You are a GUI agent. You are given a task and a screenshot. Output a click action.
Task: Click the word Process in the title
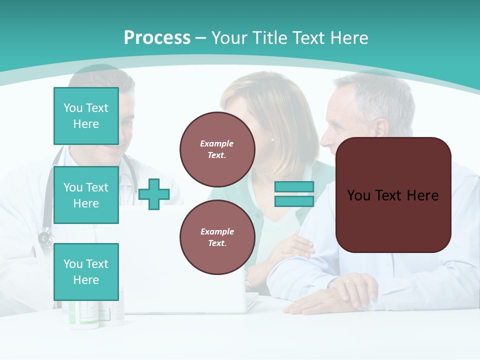(157, 38)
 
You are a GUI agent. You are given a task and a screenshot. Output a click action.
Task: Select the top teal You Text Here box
(86, 116)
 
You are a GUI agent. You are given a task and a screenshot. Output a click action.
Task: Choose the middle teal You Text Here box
(86, 195)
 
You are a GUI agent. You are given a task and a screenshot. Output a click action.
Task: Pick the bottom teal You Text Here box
(86, 271)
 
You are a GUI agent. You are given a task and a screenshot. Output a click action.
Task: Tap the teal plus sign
(153, 194)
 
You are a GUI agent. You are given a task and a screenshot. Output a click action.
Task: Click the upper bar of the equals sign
(294, 186)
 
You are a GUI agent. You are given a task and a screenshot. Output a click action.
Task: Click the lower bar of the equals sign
(294, 201)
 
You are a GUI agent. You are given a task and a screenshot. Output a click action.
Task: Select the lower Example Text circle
(217, 237)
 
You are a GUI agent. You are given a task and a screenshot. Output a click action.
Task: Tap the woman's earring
(272, 140)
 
